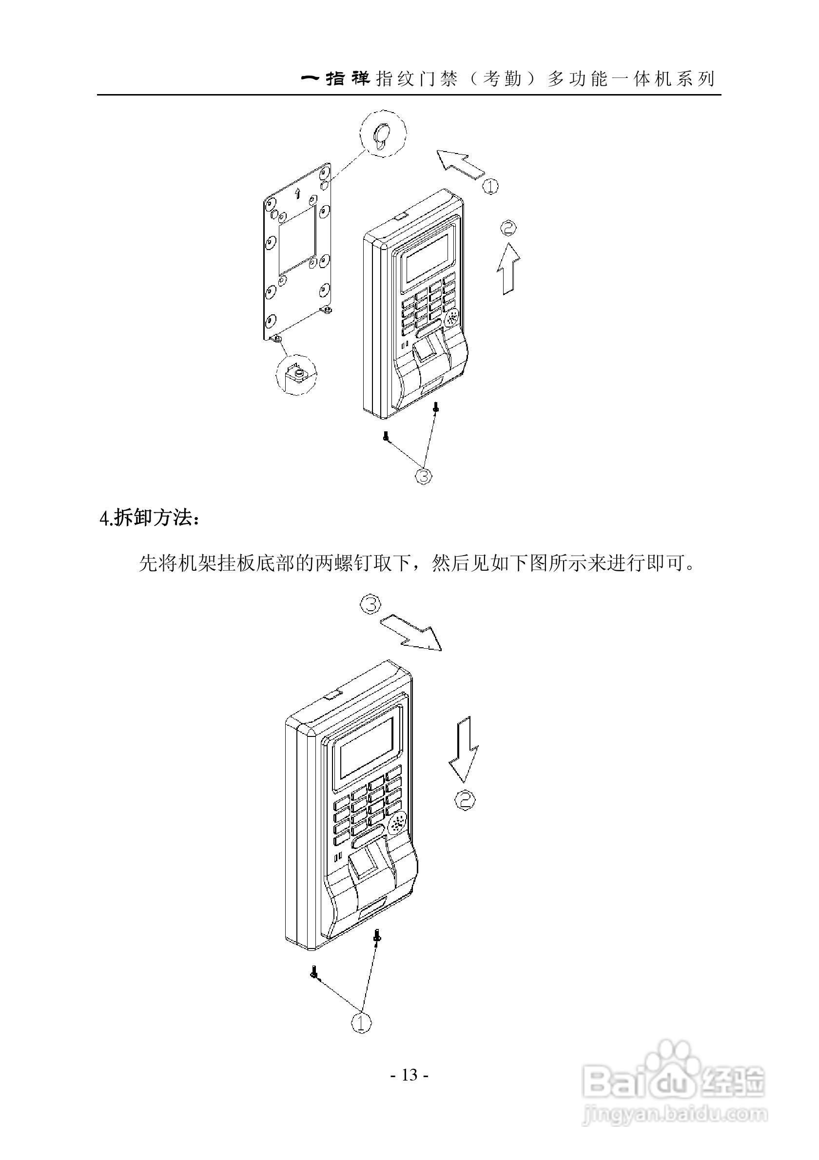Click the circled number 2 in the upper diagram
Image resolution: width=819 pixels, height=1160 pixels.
(x=508, y=229)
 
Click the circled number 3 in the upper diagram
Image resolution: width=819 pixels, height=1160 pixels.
(x=424, y=475)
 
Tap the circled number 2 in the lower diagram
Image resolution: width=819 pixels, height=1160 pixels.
(x=466, y=800)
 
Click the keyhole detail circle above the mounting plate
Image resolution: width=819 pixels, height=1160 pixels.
(x=383, y=134)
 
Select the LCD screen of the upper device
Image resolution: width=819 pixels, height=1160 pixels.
(x=428, y=258)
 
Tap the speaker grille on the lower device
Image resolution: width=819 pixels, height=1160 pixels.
(x=397, y=824)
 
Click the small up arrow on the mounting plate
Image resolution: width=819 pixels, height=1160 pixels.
(x=297, y=192)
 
